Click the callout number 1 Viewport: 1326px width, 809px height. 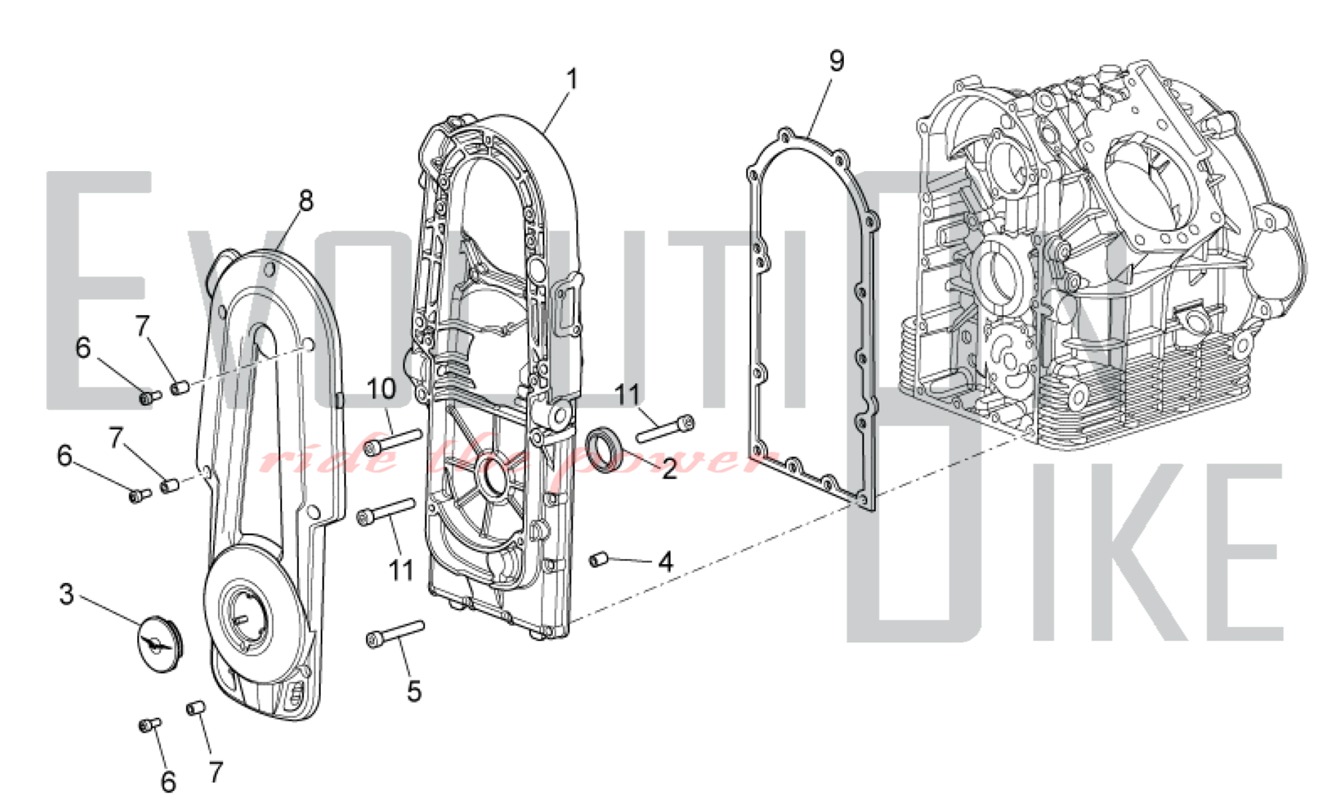[x=572, y=79]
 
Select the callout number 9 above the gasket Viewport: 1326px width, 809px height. [x=837, y=61]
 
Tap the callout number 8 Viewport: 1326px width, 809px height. [x=306, y=200]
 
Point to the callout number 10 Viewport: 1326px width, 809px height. [x=381, y=389]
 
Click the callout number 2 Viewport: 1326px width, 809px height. [x=669, y=469]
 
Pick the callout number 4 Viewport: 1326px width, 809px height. [x=666, y=562]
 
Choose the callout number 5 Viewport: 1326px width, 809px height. [x=414, y=691]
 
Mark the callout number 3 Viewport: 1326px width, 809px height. [x=66, y=594]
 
